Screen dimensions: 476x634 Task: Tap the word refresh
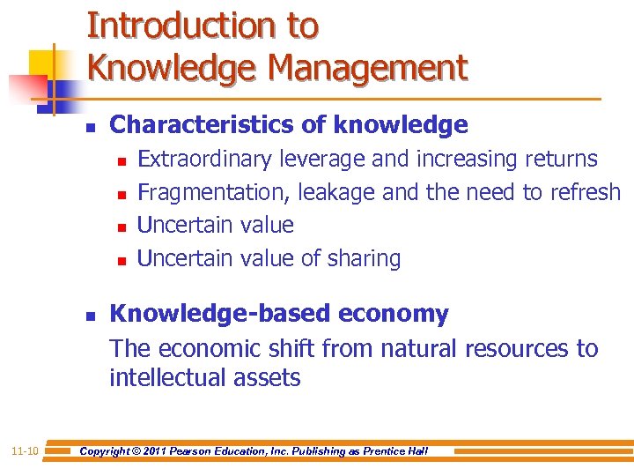point(585,192)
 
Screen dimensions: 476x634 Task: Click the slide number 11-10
point(24,451)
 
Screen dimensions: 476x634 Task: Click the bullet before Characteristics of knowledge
point(90,127)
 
